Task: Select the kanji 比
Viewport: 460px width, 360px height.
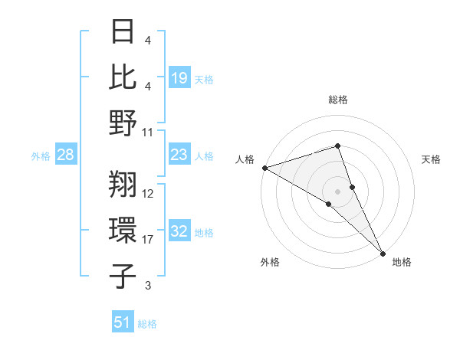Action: tap(123, 78)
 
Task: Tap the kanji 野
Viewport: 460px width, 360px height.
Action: tap(123, 123)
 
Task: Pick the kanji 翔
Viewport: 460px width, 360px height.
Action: tap(123, 184)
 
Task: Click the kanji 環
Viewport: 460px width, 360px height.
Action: tap(123, 230)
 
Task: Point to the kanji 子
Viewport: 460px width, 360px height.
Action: tap(123, 276)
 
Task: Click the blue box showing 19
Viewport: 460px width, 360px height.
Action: tap(179, 77)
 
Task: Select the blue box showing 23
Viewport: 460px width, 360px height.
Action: tap(179, 155)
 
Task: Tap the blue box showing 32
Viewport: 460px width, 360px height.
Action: tap(179, 232)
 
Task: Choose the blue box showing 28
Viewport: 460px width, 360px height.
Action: tap(66, 155)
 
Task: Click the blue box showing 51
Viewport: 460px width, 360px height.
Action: tap(123, 322)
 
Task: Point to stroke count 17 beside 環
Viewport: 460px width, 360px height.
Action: tap(149, 240)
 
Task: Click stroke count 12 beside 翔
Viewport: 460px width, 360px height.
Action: tap(149, 194)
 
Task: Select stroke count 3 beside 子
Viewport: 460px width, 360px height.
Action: tap(148, 286)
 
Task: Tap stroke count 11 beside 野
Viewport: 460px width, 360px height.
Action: tap(149, 132)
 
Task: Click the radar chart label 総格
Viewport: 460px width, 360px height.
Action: tap(337, 100)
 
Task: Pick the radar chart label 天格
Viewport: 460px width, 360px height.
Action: tap(431, 159)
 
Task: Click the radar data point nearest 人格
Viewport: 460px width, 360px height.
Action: tap(264, 167)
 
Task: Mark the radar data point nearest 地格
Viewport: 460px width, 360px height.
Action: tap(382, 251)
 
